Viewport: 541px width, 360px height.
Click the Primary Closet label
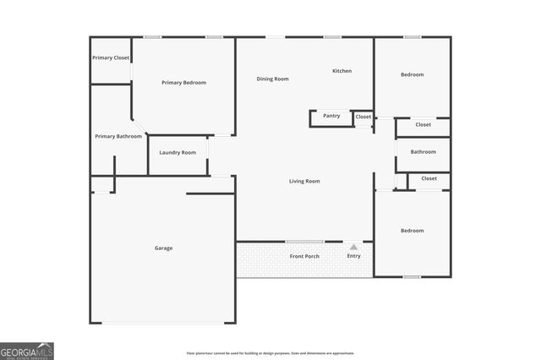pyautogui.click(x=111, y=57)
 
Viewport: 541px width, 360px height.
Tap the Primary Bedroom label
pyautogui.click(x=183, y=83)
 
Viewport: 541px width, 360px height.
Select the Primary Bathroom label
pyautogui.click(x=118, y=136)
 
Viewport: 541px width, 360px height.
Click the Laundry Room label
pyautogui.click(x=178, y=152)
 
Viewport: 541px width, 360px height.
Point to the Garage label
pyautogui.click(x=163, y=248)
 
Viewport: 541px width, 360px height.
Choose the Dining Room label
pyautogui.click(x=273, y=79)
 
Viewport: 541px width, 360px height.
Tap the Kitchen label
pyautogui.click(x=342, y=71)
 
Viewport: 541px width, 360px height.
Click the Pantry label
pyautogui.click(x=331, y=116)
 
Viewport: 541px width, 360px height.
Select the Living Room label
pyautogui.click(x=304, y=181)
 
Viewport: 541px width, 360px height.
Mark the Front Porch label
pyautogui.click(x=304, y=256)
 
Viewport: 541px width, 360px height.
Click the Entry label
pyautogui.click(x=353, y=256)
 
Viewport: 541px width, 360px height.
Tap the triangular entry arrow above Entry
pyautogui.click(x=353, y=247)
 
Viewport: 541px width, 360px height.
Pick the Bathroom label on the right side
pyautogui.click(x=423, y=152)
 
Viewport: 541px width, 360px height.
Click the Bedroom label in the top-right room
pyautogui.click(x=412, y=74)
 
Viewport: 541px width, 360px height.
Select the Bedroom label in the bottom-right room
pyautogui.click(x=412, y=231)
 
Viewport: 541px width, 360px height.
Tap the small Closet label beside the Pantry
pyautogui.click(x=363, y=117)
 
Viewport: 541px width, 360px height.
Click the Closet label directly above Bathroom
pyautogui.click(x=423, y=125)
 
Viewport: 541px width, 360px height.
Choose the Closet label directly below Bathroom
pyautogui.click(x=429, y=178)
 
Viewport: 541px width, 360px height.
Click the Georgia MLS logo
pyautogui.click(x=27, y=351)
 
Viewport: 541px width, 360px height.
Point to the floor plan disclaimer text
pyautogui.click(x=270, y=353)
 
